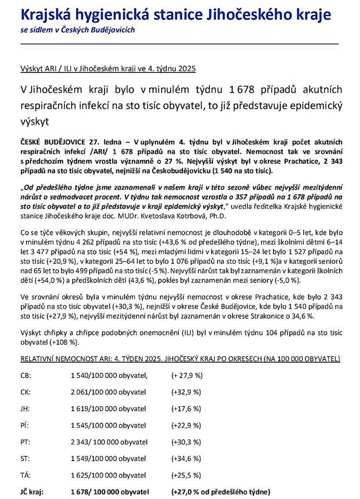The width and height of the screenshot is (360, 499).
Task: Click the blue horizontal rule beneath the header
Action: (x=180, y=44)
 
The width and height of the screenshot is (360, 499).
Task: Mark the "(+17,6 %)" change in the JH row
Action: (x=186, y=409)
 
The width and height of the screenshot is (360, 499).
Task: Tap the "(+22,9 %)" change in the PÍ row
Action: (x=186, y=426)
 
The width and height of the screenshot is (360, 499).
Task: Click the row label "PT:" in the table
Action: (x=26, y=442)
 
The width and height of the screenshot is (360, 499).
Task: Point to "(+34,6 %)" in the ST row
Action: (x=186, y=459)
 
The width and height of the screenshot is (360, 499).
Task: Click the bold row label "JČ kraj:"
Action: (x=32, y=492)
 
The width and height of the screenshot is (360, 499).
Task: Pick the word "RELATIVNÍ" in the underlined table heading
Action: (x=38, y=359)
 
